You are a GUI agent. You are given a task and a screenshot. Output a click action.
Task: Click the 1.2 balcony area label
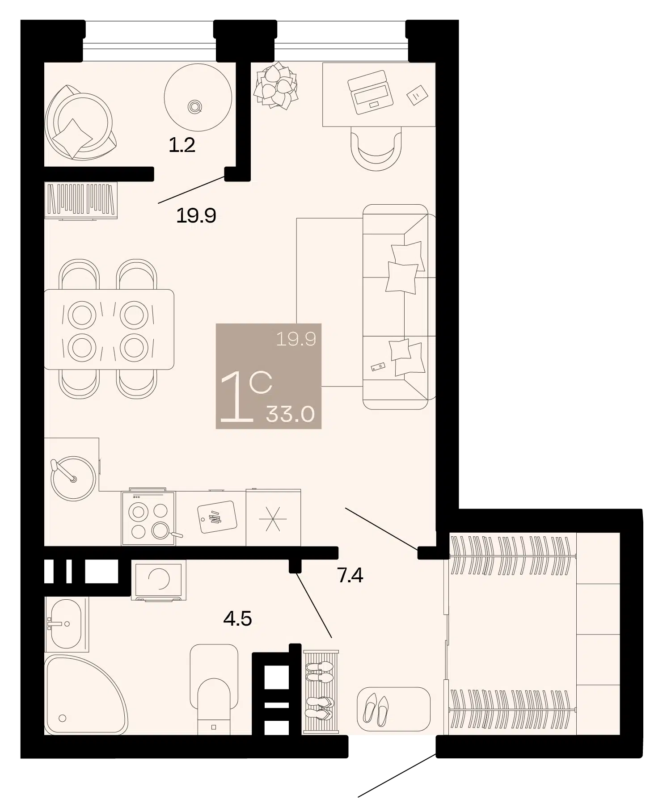[x=182, y=145]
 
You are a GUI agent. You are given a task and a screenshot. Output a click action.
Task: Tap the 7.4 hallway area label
[x=350, y=576]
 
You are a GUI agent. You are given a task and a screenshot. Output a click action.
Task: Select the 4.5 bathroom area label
[x=238, y=619]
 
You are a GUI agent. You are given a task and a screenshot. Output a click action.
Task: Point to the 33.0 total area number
[x=290, y=414]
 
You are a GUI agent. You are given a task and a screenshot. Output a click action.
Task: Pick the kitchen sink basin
[x=73, y=478]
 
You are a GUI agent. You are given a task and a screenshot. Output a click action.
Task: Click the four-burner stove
[x=149, y=518]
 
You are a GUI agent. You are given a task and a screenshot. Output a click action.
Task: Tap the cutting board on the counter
[x=217, y=517]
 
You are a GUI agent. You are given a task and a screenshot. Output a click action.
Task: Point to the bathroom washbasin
[x=67, y=624]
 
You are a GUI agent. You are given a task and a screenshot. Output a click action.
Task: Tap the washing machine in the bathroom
[x=159, y=580]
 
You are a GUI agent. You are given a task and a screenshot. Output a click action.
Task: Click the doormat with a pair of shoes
[x=393, y=709]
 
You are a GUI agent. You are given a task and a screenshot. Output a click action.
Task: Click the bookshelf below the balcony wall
[x=81, y=200]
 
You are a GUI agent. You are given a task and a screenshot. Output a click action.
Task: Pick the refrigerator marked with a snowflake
[x=273, y=517]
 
